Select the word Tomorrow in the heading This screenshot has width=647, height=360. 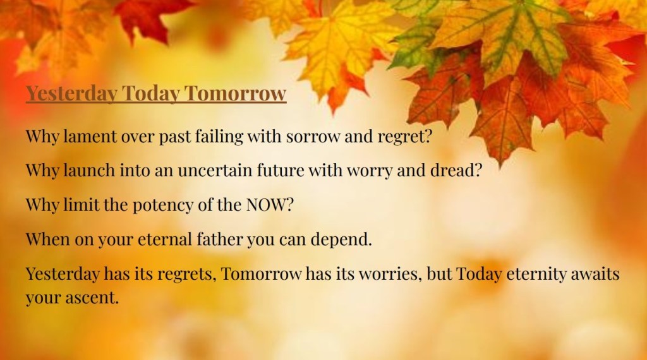point(235,93)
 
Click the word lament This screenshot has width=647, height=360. point(90,136)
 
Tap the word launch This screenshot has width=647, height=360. point(88,171)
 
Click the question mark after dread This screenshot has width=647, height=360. point(478,171)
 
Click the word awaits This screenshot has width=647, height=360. point(595,274)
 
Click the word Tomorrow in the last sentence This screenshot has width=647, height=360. point(261,274)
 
